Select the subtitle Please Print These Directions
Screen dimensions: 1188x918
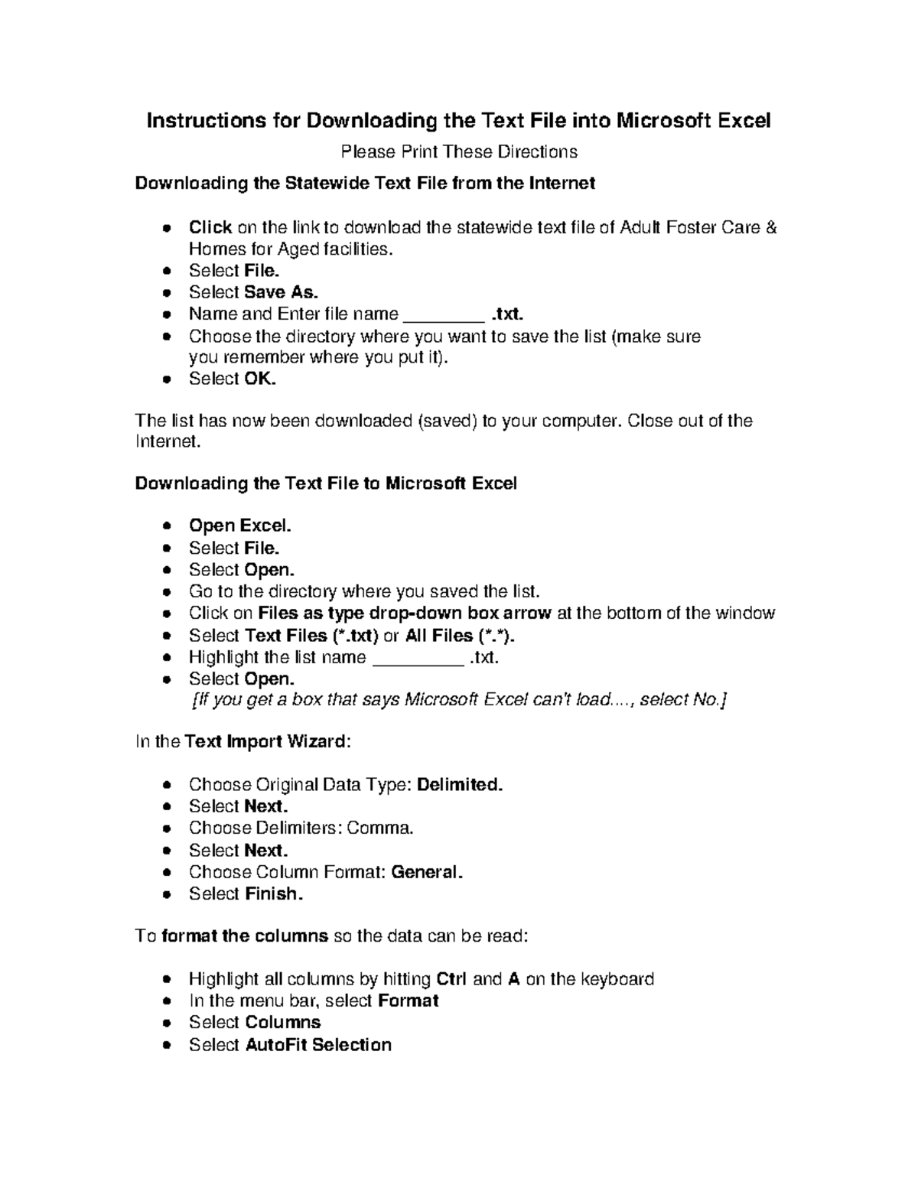tap(458, 151)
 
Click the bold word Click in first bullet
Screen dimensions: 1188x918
tap(210, 227)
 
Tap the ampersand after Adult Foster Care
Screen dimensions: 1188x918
tap(771, 227)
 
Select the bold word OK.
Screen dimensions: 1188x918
tap(260, 379)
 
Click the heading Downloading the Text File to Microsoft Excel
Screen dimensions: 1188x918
tap(326, 483)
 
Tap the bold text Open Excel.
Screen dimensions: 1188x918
tap(240, 526)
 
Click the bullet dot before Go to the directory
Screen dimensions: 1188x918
tap(168, 592)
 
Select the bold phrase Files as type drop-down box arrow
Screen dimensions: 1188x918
tap(405, 613)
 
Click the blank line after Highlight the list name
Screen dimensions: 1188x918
tap(418, 659)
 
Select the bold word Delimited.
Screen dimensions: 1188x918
tap(460, 785)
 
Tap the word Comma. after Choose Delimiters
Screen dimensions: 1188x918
tap(380, 828)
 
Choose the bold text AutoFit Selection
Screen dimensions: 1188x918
tap(318, 1044)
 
